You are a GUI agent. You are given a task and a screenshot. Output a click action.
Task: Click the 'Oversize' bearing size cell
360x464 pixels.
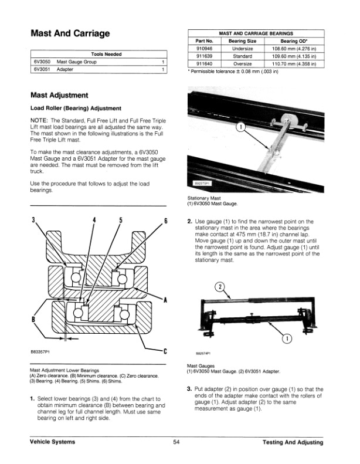[242, 64]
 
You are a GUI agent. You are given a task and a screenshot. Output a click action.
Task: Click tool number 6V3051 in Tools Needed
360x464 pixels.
[40, 69]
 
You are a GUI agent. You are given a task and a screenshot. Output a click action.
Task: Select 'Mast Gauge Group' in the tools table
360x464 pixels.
[76, 62]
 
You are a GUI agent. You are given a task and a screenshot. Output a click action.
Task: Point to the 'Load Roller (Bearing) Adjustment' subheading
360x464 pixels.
[76, 108]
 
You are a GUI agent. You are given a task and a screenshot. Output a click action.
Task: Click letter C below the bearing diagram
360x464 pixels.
[165, 352]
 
